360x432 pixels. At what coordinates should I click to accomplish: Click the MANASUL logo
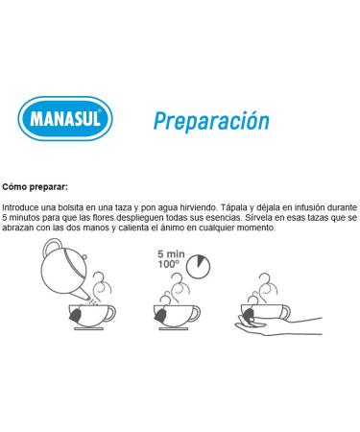coord(65,118)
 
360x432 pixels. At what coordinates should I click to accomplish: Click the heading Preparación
coord(211,121)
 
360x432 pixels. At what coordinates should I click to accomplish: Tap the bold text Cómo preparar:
coord(35,187)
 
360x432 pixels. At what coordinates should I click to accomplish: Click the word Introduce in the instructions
coord(21,207)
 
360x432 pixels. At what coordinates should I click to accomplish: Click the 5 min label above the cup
coord(171,254)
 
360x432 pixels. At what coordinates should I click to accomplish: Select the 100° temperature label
coord(168,264)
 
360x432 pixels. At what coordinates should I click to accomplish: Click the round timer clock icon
coord(199,266)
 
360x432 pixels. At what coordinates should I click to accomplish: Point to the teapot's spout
coord(84,294)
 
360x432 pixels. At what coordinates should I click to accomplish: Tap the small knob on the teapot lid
coord(84,256)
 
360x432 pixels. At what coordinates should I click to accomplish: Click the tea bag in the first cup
coord(77,314)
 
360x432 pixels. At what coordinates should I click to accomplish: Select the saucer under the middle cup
coord(174,328)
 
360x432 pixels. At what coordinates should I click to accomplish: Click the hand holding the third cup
coord(278,325)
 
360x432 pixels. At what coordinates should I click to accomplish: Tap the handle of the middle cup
coord(195,313)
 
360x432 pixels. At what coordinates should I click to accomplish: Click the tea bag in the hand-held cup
coord(249,314)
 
